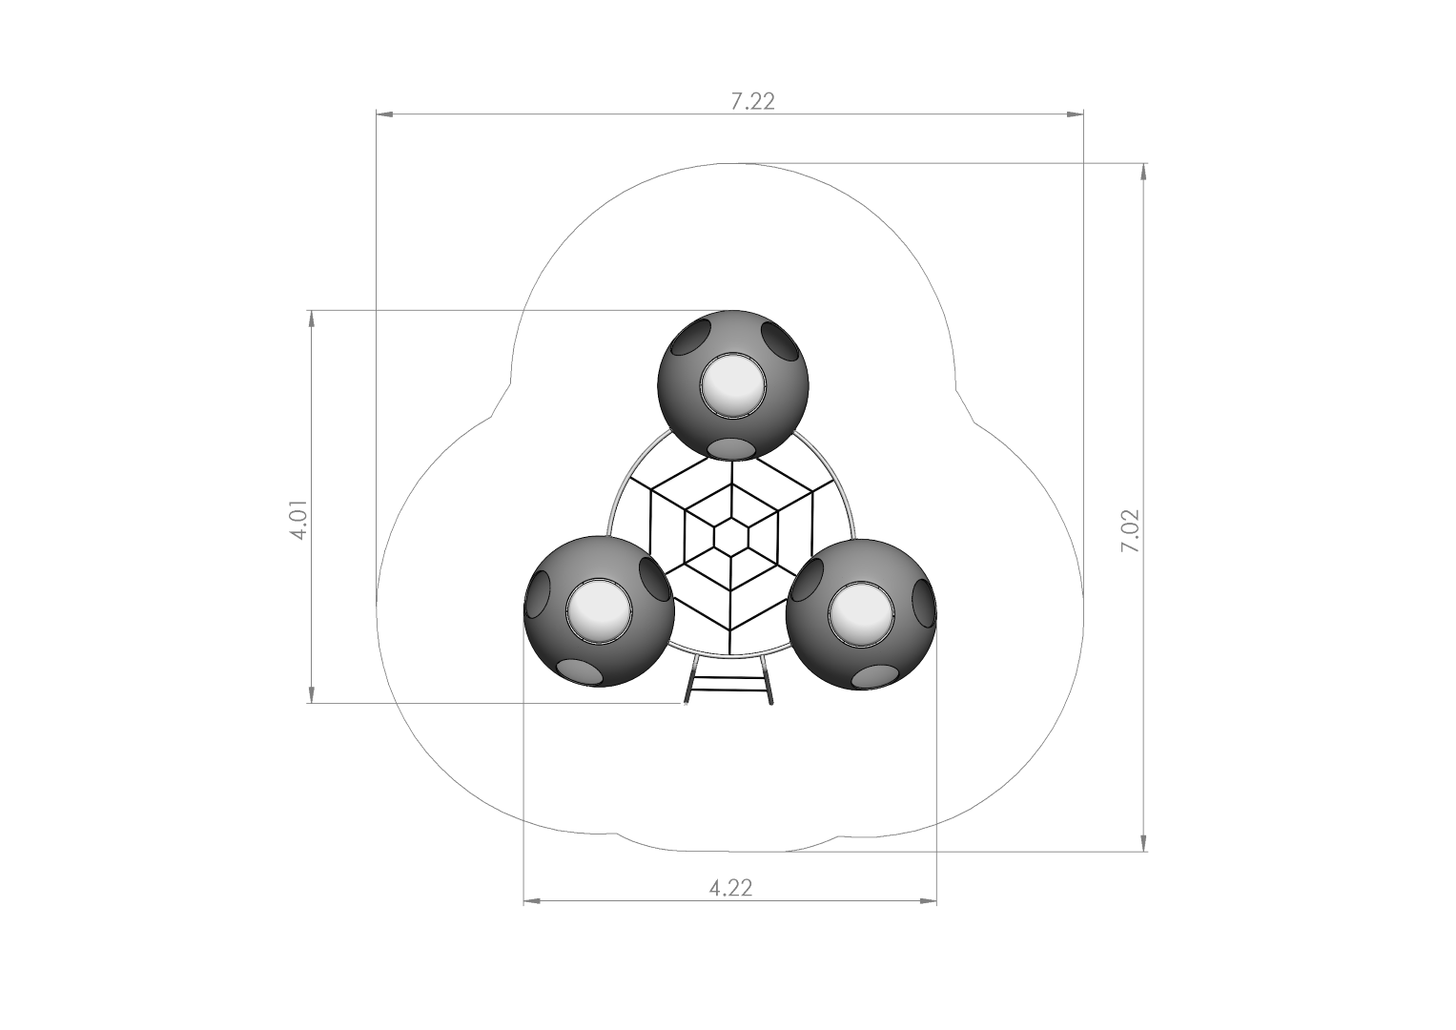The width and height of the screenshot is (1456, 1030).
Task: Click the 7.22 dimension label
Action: click(752, 102)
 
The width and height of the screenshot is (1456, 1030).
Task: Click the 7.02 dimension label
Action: click(1131, 531)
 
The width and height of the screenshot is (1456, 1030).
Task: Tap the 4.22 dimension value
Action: click(730, 888)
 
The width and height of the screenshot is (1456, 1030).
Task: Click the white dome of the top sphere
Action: click(733, 384)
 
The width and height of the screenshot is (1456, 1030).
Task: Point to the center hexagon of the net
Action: click(732, 536)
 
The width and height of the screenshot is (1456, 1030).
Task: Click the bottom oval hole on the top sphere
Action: click(731, 446)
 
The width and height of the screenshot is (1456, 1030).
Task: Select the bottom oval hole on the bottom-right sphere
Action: click(876, 677)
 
